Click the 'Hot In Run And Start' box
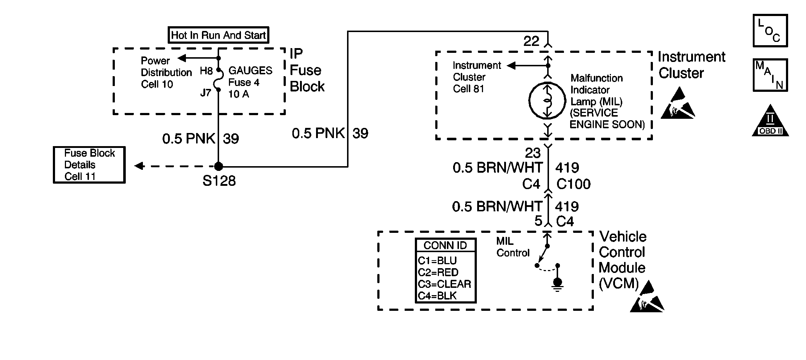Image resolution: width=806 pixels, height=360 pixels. click(x=218, y=35)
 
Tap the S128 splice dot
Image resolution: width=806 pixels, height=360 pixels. click(x=218, y=167)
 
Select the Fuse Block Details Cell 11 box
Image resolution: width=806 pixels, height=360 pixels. click(x=89, y=165)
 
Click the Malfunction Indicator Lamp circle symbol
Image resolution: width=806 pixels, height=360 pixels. click(x=547, y=101)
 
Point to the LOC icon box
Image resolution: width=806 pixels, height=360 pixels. click(x=770, y=31)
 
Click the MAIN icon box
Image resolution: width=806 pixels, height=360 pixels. click(x=770, y=75)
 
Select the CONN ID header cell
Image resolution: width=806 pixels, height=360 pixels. click(x=445, y=246)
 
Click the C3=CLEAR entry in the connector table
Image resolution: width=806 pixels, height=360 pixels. click(x=445, y=284)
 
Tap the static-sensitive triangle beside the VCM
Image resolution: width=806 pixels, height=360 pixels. click(x=647, y=298)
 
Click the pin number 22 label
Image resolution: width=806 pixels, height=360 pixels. click(x=531, y=41)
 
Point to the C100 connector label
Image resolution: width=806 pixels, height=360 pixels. click(x=573, y=184)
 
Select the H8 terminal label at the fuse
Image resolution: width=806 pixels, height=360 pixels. click(x=206, y=71)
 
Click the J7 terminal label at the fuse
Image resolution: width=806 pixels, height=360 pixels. click(x=206, y=93)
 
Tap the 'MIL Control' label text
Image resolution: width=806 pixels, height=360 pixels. click(x=513, y=247)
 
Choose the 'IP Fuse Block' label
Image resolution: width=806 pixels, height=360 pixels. click(x=306, y=70)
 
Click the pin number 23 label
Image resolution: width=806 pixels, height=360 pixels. click(x=533, y=153)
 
